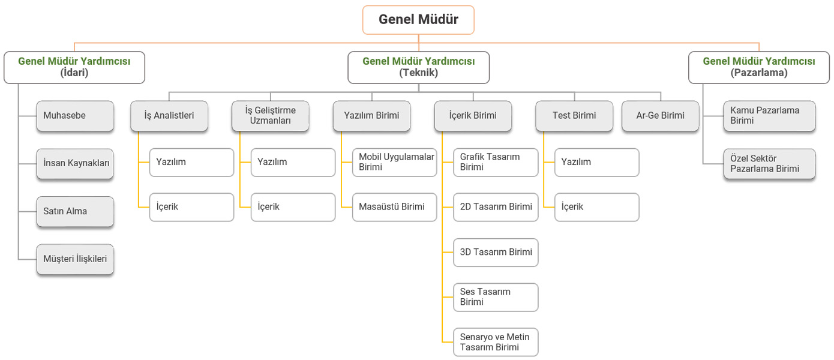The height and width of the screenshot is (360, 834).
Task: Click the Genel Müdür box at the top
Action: pyautogui.click(x=418, y=20)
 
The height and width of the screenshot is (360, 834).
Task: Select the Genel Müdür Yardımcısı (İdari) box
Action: pyautogui.click(x=74, y=67)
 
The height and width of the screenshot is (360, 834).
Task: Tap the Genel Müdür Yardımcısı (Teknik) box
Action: pyautogui.click(x=418, y=67)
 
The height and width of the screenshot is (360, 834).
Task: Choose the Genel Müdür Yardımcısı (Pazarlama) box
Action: pyautogui.click(x=759, y=67)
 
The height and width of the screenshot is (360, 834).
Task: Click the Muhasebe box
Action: pyautogui.click(x=75, y=116)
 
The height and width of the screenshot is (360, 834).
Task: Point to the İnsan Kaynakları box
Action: pyautogui.click(x=75, y=164)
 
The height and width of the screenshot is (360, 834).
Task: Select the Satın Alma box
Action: pyautogui.click(x=75, y=211)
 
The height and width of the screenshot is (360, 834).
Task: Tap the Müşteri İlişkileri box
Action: pyautogui.click(x=75, y=259)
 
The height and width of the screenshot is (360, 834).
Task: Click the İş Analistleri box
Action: pyautogui.click(x=169, y=116)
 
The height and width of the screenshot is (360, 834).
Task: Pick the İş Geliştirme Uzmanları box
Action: pyautogui.click(x=271, y=116)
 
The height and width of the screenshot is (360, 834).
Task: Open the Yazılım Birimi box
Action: pyautogui.click(x=371, y=116)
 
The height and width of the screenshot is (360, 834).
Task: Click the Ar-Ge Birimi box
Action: pyautogui.click(x=660, y=116)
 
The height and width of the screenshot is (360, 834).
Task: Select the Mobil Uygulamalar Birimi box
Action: pyautogui.click(x=395, y=163)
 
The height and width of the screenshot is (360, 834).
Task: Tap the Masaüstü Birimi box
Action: pyautogui.click(x=395, y=207)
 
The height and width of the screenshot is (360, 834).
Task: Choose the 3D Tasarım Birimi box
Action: pyautogui.click(x=496, y=253)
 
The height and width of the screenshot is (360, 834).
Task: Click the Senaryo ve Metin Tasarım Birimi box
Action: pyautogui.click(x=496, y=342)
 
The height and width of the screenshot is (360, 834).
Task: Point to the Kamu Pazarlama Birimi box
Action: pyautogui.click(x=770, y=116)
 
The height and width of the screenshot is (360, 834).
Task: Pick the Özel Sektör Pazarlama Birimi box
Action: pyautogui.click(x=770, y=164)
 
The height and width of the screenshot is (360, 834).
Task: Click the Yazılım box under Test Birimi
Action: pyautogui.click(x=597, y=163)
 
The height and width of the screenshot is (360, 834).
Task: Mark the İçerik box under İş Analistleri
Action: pyautogui.click(x=192, y=207)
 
